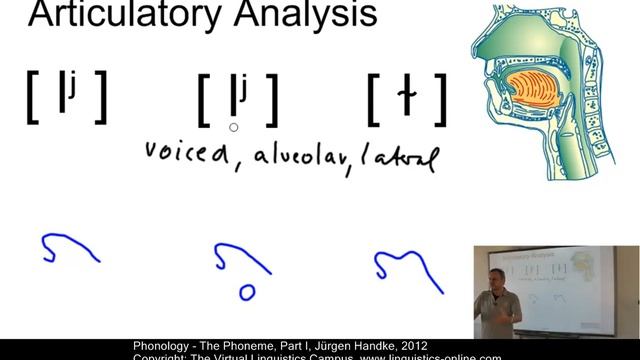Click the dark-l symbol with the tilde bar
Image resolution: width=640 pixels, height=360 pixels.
pyautogui.click(x=406, y=97)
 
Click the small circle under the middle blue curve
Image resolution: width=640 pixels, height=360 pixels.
pyautogui.click(x=246, y=292)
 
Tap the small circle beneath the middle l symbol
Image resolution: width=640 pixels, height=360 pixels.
pyautogui.click(x=233, y=127)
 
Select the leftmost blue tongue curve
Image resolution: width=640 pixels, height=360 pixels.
pyautogui.click(x=67, y=249)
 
